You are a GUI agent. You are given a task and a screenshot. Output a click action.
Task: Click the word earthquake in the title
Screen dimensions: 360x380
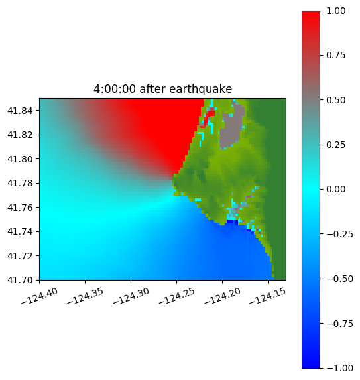point(201,89)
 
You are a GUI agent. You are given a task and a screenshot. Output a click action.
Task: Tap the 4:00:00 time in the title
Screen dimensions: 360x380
point(115,89)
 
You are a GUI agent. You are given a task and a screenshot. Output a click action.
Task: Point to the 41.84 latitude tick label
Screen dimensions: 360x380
point(20,111)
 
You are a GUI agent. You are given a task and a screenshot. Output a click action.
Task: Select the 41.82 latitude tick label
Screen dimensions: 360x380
point(20,135)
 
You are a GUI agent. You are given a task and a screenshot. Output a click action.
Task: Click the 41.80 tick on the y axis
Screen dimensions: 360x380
point(20,159)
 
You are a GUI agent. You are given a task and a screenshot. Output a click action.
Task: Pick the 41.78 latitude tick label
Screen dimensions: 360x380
point(20,183)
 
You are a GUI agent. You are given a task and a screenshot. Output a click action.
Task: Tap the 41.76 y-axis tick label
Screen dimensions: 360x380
point(20,208)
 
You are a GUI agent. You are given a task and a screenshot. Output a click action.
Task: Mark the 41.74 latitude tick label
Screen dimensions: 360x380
point(20,231)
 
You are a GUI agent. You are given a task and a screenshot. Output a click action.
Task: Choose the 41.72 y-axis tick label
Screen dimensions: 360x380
point(20,256)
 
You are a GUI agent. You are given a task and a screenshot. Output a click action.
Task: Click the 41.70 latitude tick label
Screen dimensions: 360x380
point(20,280)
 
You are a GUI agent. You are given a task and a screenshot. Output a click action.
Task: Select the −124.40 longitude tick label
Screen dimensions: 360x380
point(40,296)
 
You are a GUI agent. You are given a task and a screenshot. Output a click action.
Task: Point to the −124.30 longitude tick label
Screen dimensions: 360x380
point(131,296)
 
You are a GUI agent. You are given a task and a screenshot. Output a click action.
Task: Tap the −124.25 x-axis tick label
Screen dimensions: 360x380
point(177,296)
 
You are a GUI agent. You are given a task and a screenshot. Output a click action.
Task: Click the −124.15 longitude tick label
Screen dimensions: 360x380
point(268,296)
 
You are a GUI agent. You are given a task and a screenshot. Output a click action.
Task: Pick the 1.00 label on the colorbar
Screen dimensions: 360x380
point(335,11)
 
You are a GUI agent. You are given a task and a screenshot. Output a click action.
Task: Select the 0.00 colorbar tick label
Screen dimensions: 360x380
point(335,189)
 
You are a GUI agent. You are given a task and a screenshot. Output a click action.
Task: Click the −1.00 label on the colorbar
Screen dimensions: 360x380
point(339,368)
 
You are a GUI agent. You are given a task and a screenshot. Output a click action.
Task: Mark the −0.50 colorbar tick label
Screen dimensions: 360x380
point(339,279)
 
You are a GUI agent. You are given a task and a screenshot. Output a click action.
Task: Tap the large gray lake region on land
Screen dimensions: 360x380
point(232,129)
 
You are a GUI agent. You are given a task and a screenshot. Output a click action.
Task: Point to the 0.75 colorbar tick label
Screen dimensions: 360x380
point(335,56)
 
